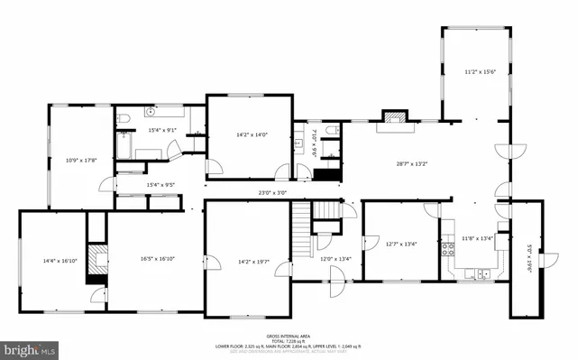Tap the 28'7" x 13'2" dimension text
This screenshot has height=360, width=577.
pos(412,163)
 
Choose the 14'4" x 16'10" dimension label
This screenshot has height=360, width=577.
pos(60,261)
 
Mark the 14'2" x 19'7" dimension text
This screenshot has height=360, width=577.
pos(254,263)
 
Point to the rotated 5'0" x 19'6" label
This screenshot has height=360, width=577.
pos(530,261)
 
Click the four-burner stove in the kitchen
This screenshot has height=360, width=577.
pos(446,250)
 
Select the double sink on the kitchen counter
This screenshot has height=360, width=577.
pos(484,273)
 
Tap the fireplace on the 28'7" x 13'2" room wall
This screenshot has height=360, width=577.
pos(394,116)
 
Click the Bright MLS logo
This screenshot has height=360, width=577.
pos(29,348)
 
